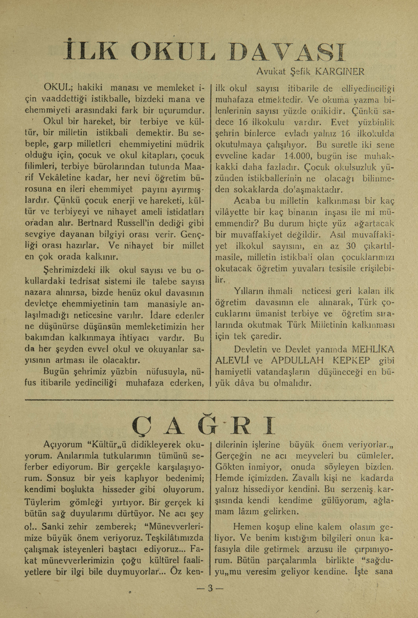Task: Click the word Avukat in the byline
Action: (271, 72)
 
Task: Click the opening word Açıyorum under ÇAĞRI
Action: (63, 445)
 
